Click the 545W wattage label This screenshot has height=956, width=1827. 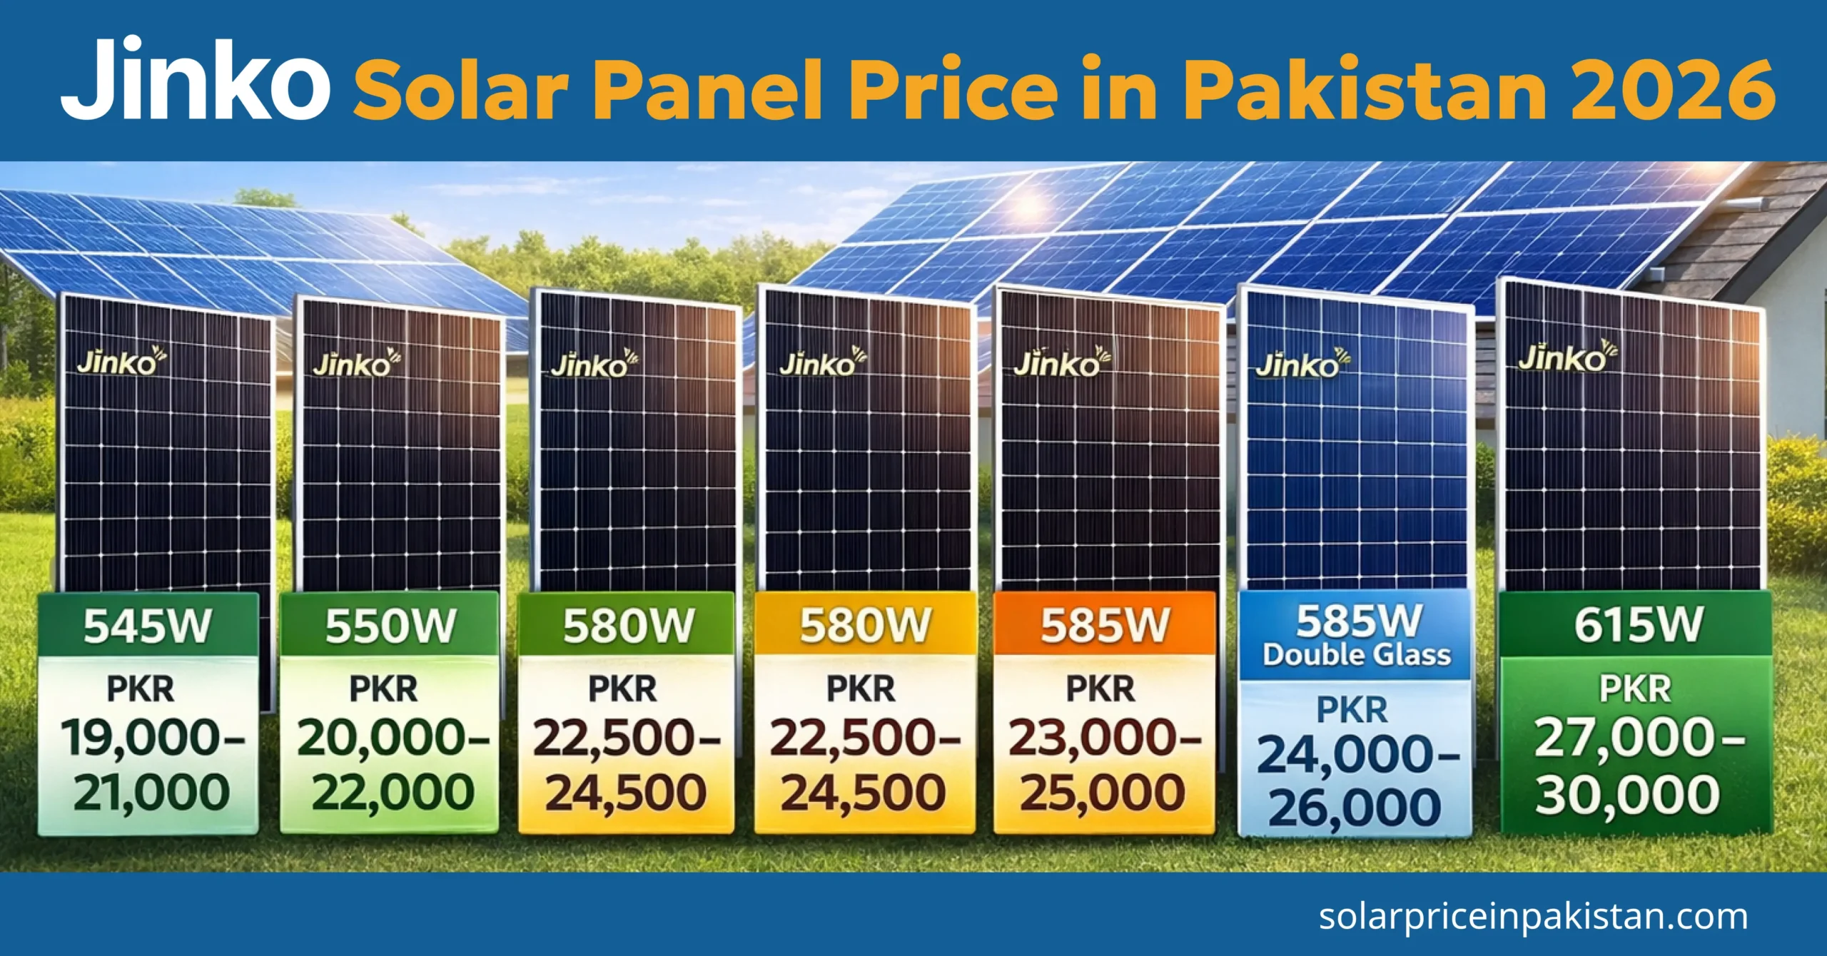(x=147, y=626)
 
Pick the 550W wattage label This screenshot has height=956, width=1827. (x=390, y=626)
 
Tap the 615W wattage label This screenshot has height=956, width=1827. (x=1639, y=624)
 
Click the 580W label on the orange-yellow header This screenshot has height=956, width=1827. (x=865, y=626)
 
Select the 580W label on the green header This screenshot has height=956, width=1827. (x=627, y=626)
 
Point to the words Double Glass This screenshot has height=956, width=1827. (x=1357, y=655)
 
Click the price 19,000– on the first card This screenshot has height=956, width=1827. (x=152, y=738)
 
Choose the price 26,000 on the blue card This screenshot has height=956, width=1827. (x=1354, y=808)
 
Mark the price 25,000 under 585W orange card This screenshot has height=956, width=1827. (x=1102, y=793)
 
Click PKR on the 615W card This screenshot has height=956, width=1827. (x=1635, y=689)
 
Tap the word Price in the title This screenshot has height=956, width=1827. (x=953, y=90)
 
